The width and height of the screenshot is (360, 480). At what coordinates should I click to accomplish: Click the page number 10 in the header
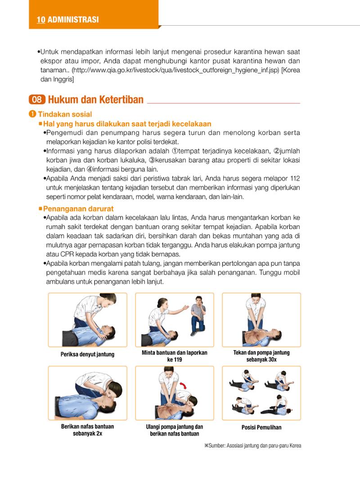[41, 20]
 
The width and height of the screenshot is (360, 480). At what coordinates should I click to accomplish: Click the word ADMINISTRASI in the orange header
[73, 20]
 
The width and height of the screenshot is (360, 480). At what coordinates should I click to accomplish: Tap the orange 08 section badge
[37, 100]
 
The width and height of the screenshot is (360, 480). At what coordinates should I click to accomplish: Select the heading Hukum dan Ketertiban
[96, 100]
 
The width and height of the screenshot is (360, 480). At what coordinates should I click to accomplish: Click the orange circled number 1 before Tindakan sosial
[32, 114]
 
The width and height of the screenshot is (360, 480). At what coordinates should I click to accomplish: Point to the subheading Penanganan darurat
[78, 209]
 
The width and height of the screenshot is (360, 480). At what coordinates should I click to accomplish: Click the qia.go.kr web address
[175, 70]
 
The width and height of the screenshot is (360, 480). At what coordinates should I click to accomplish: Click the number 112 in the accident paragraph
[295, 178]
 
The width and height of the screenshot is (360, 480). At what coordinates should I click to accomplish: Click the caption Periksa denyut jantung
[87, 354]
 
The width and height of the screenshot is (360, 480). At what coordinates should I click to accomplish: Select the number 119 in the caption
[178, 360]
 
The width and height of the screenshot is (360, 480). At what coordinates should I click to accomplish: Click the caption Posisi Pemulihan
[261, 427]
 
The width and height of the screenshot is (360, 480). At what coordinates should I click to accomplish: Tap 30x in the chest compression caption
[271, 360]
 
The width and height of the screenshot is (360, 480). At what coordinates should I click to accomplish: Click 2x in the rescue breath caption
[99, 434]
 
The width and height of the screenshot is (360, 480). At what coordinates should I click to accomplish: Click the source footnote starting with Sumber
[252, 446]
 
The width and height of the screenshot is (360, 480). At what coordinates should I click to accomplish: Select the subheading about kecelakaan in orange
[127, 124]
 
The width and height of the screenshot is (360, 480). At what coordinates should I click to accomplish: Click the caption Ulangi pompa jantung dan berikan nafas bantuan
[174, 430]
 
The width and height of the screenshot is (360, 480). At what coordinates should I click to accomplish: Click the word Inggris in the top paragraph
[63, 80]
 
